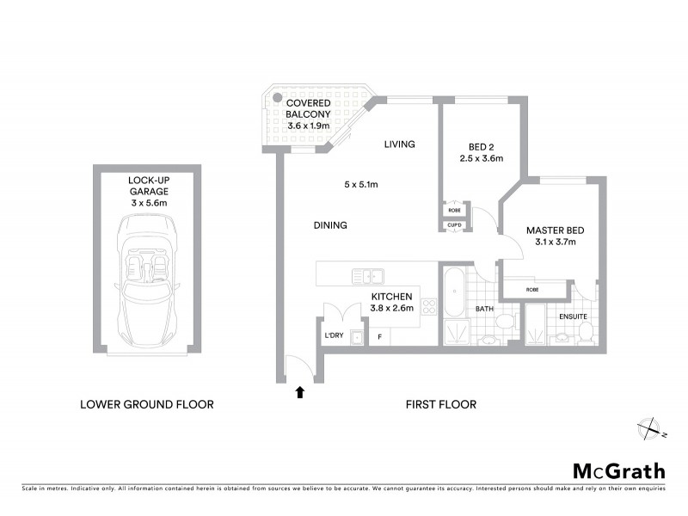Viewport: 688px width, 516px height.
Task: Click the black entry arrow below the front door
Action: coord(299,392)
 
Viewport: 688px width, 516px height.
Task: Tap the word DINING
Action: coord(330,225)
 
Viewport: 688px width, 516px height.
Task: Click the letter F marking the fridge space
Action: coord(379,336)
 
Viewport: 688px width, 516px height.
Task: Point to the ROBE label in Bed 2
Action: coord(453,209)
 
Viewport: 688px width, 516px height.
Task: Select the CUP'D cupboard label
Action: coord(453,225)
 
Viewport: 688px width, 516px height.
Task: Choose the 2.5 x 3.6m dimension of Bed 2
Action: coord(481,157)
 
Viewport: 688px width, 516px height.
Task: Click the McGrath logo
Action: coord(619,470)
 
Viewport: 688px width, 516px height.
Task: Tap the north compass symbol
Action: coord(648,427)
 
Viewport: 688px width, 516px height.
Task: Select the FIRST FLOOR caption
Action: coord(440,403)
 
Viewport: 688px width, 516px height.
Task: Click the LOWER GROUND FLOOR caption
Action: coord(146,403)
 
